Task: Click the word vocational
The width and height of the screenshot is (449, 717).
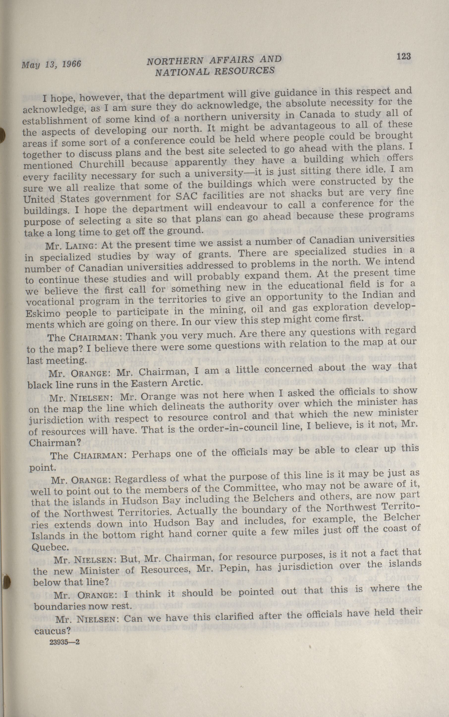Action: point(49,302)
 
